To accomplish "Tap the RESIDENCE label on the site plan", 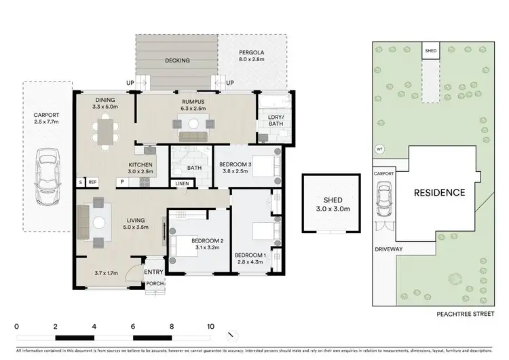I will coord(440,192).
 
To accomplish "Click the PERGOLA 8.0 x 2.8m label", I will coord(251,56).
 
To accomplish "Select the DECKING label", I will coord(177,60).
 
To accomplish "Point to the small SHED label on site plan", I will coord(430,51).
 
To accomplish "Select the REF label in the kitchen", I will coord(92,182).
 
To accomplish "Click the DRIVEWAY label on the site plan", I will coord(390,249).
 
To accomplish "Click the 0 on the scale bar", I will coord(16,326).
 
